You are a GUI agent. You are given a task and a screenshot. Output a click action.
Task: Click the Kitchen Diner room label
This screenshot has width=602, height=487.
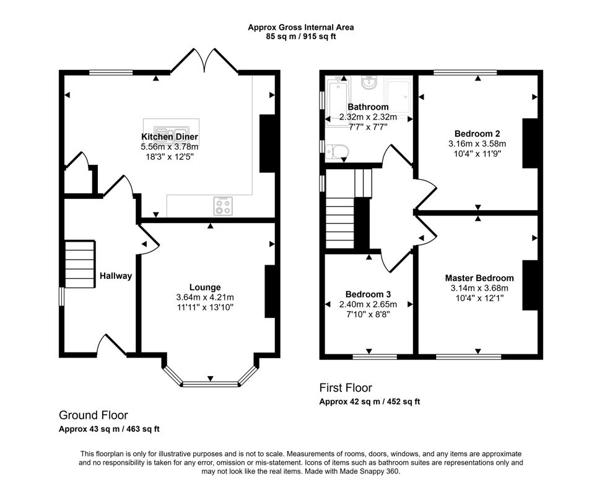coord(170,136)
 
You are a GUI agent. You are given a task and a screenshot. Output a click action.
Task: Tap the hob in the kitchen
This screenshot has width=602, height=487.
coord(223,206)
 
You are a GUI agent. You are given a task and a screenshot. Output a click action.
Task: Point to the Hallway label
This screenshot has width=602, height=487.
coord(116,276)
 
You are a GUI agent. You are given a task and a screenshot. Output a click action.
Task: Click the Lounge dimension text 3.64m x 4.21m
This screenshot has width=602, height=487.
coord(205,297)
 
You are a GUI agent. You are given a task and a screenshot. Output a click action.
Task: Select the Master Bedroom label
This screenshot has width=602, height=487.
coord(479,278)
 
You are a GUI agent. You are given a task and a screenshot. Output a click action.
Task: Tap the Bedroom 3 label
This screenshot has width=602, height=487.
coord(368,294)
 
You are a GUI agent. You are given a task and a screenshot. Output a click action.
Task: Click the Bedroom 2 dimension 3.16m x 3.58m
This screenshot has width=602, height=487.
coord(477,143)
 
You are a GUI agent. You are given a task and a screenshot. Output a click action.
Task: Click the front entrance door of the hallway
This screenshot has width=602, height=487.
coord(112,345)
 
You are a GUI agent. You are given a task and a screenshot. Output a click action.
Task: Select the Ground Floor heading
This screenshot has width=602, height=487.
coord(93,415)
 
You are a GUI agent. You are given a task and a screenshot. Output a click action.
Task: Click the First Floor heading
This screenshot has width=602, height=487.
coord(346,388)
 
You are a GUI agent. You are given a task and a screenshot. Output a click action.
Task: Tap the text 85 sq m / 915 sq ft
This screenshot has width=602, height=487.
coord(301,37)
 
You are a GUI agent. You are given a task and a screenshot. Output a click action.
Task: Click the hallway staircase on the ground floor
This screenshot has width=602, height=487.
coord(79,263)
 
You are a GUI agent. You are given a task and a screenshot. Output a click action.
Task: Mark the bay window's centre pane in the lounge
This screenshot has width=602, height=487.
coord(210,384)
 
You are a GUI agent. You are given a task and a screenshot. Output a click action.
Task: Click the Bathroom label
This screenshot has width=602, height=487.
coord(368,107)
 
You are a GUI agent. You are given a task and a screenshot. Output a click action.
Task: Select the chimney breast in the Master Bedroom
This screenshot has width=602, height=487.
coord(530,285)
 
